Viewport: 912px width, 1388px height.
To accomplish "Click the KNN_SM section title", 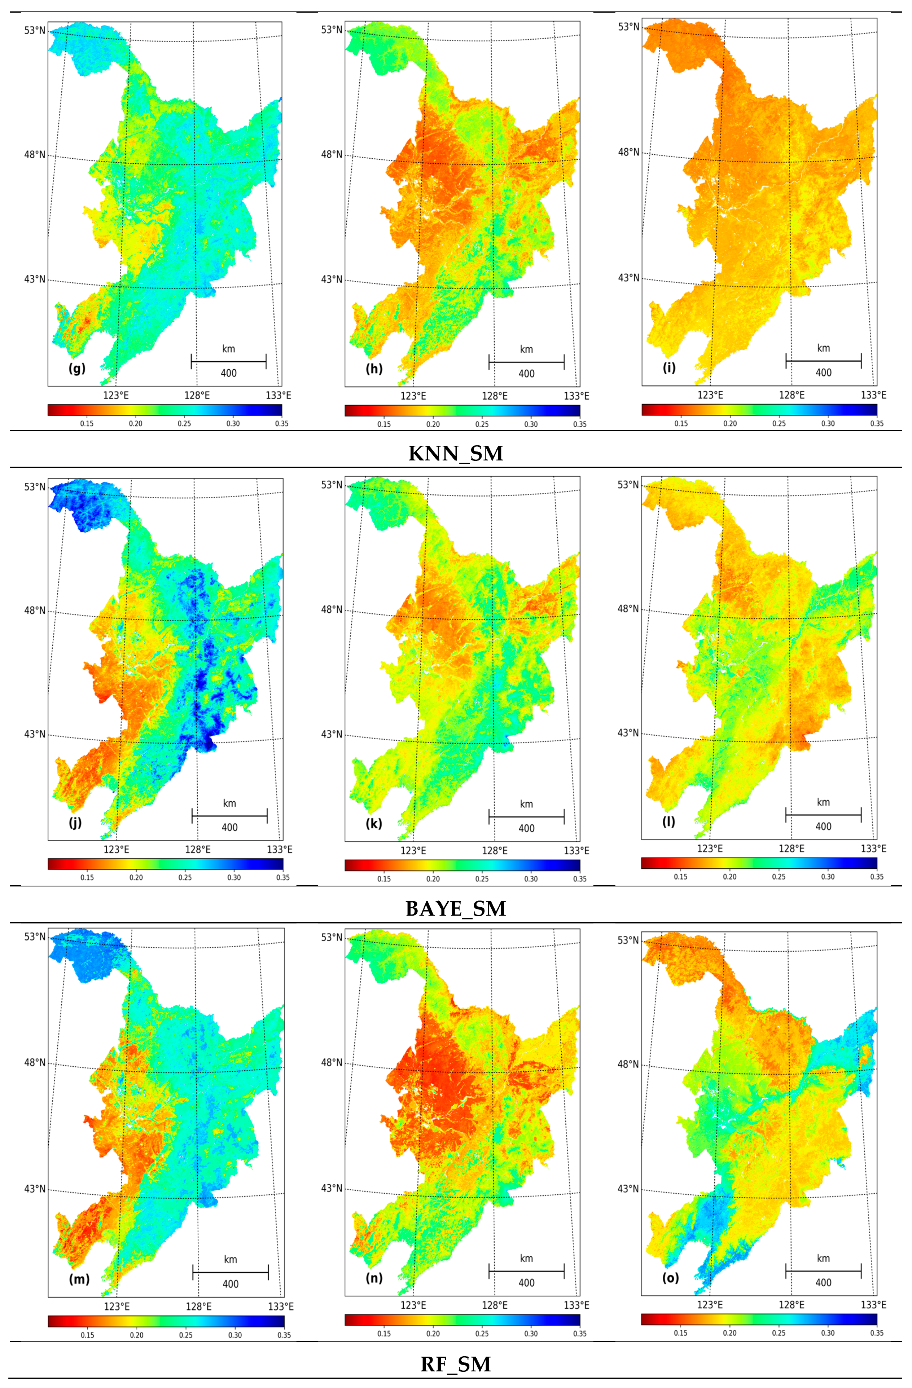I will (455, 453).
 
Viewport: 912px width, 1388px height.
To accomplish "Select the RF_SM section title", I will (455, 1364).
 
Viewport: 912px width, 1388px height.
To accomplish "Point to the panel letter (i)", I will (669, 367).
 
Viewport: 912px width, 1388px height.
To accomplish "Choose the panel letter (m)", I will (79, 1279).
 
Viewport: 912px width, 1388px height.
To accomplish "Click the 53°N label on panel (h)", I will (332, 30).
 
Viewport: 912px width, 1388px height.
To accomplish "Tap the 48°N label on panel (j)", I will (34, 611).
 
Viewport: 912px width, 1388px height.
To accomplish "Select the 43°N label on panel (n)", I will (332, 1188).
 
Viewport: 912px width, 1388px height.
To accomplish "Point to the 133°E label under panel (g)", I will (279, 395).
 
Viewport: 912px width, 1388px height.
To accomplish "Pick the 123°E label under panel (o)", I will (710, 1305).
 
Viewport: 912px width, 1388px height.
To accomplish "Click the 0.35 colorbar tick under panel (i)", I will (876, 423).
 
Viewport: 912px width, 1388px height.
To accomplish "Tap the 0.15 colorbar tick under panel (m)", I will (88, 1335).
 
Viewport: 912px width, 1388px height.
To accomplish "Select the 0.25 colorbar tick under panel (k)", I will (482, 879).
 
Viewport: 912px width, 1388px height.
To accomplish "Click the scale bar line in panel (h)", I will (526, 362).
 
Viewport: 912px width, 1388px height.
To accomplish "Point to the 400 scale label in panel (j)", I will (229, 828).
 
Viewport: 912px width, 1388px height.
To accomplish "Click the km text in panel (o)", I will (823, 1259).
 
